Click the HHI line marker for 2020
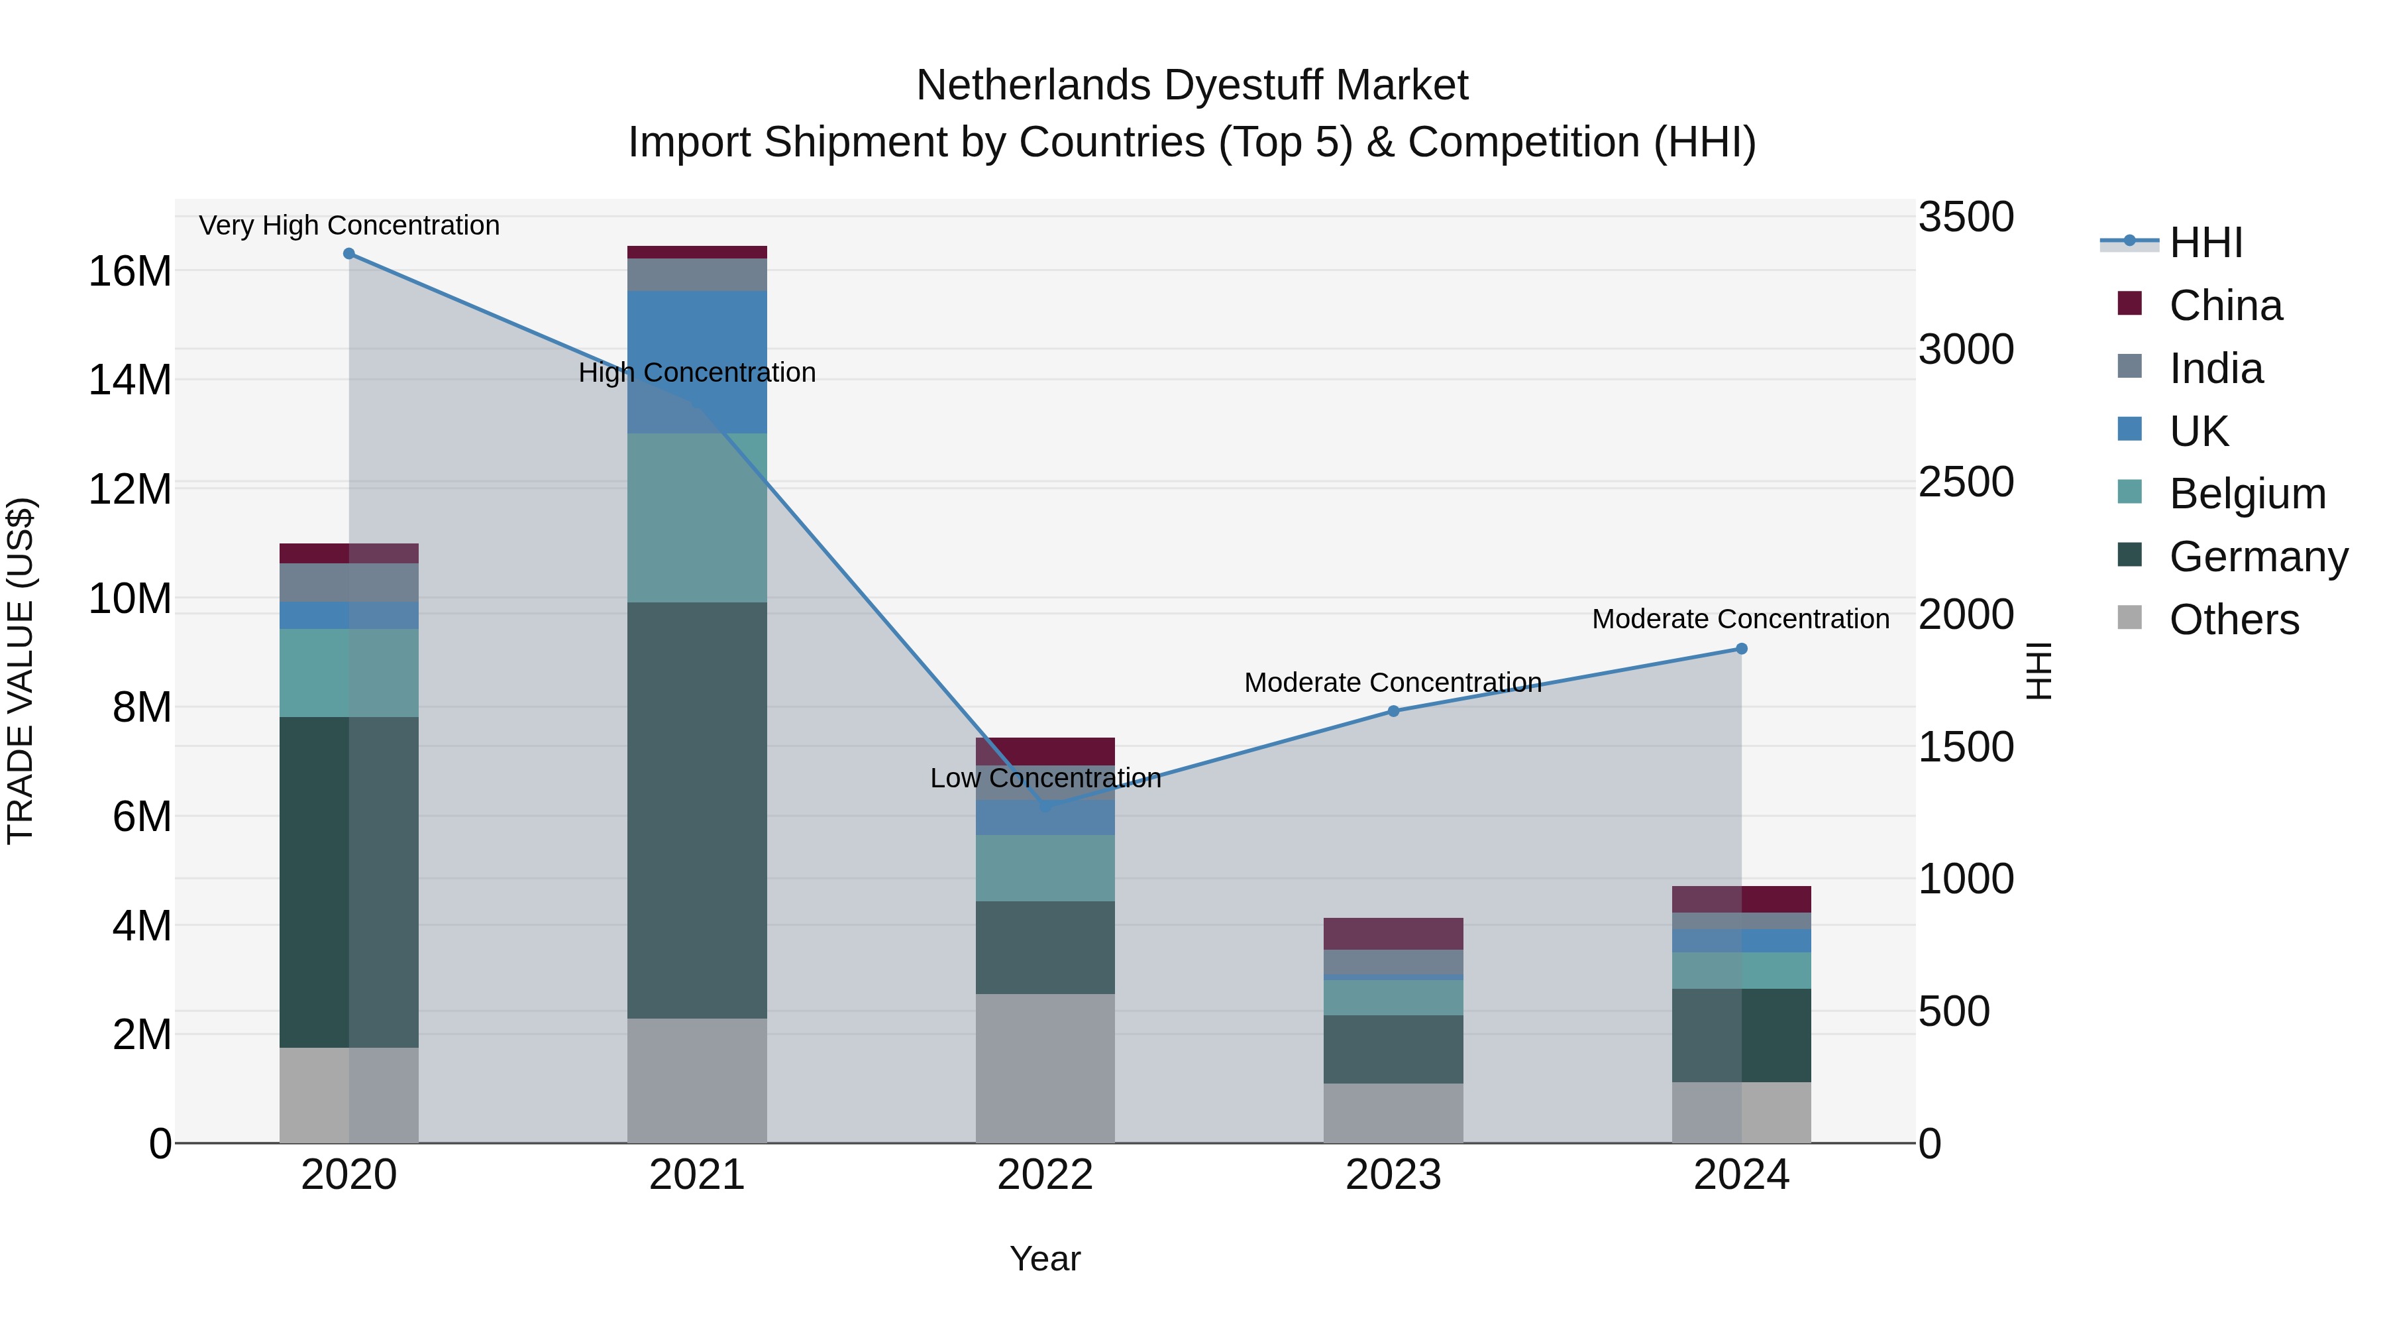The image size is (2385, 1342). pyautogui.click(x=349, y=254)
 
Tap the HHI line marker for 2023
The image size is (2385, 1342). pyautogui.click(x=1393, y=711)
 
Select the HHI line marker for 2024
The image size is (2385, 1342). pyautogui.click(x=1742, y=649)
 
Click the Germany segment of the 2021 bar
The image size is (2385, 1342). pyautogui.click(x=697, y=811)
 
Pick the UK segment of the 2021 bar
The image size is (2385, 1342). pyautogui.click(x=697, y=362)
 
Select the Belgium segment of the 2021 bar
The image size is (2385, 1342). pyautogui.click(x=697, y=518)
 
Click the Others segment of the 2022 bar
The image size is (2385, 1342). pyautogui.click(x=1045, y=1069)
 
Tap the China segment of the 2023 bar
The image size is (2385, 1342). pyautogui.click(x=1393, y=934)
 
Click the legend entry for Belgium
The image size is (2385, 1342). pyautogui.click(x=2247, y=494)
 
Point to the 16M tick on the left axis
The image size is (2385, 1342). pyautogui.click(x=130, y=271)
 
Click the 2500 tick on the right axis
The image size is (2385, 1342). pyautogui.click(x=1966, y=482)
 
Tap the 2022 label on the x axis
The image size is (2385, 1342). pyautogui.click(x=1045, y=1175)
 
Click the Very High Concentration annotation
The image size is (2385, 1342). pyautogui.click(x=349, y=225)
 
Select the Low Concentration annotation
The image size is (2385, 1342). pyautogui.click(x=1045, y=778)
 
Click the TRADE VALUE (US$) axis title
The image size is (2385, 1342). pyautogui.click(x=21, y=671)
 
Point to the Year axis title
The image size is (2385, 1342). pyautogui.click(x=1045, y=1258)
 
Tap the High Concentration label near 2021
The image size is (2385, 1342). pyautogui.click(x=697, y=372)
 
